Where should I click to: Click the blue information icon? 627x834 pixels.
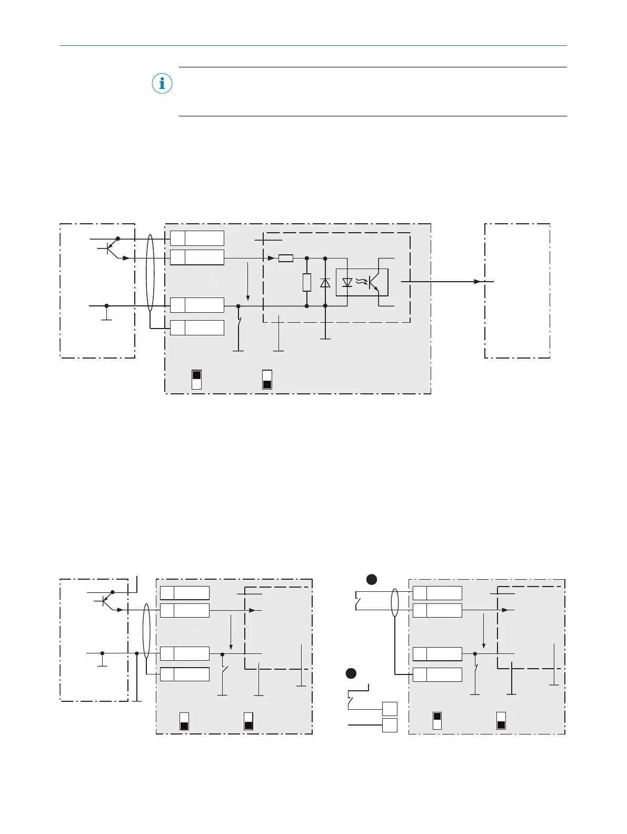tap(162, 84)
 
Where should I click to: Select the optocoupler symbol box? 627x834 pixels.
tap(362, 282)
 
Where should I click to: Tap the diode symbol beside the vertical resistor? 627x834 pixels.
tap(325, 283)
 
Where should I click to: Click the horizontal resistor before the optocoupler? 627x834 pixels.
tap(285, 259)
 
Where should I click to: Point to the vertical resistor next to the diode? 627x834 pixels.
tap(307, 283)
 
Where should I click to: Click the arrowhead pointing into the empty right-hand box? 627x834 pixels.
tap(477, 282)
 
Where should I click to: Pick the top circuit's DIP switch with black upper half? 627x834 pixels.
tap(196, 380)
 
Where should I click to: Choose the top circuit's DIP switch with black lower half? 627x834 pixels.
tap(267, 380)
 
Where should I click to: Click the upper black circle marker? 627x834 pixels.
tap(372, 580)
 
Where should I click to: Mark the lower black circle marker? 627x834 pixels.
tap(351, 673)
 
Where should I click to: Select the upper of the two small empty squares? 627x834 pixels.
tap(390, 709)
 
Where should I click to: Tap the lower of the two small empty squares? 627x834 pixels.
tap(390, 725)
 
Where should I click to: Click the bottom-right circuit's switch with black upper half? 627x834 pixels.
tap(437, 721)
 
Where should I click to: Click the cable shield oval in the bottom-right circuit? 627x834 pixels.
tap(394, 602)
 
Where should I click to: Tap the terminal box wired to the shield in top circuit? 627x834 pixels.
tap(197, 327)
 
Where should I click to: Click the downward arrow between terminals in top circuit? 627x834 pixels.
tap(248, 282)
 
